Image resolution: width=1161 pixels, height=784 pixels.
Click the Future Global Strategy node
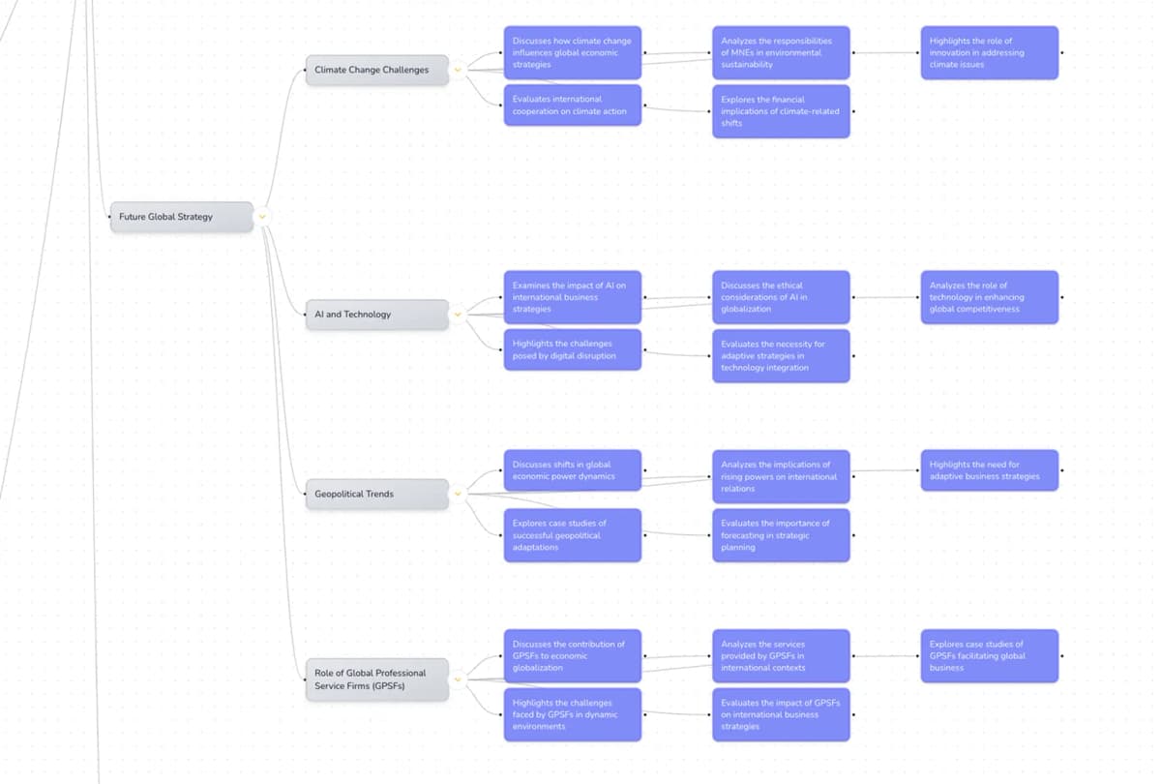coord(181,217)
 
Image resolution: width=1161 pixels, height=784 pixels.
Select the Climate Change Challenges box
coord(377,70)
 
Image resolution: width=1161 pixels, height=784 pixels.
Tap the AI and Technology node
coord(377,315)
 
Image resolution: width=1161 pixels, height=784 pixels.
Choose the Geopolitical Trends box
coord(377,494)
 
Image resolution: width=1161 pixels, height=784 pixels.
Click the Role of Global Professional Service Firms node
coord(377,679)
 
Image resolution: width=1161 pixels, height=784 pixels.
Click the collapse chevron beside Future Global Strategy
coord(262,217)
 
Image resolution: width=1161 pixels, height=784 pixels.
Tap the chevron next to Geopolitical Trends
coord(459,494)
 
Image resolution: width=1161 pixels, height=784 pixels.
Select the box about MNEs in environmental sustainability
coord(781,53)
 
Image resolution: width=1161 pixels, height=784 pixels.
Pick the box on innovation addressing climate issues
coord(989,53)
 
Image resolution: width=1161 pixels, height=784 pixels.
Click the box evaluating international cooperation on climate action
coord(572,106)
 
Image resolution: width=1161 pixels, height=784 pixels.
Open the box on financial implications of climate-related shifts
coord(781,111)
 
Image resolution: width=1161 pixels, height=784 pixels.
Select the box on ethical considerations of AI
coord(781,297)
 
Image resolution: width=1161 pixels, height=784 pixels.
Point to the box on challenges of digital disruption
coord(572,349)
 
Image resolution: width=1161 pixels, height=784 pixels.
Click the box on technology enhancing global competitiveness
coord(989,297)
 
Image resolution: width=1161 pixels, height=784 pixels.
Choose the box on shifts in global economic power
coord(572,470)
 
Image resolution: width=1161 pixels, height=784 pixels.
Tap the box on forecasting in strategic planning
coord(781,535)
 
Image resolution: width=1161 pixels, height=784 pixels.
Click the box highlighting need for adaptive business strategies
coord(989,470)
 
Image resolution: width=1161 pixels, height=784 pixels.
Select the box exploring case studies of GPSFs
coord(989,656)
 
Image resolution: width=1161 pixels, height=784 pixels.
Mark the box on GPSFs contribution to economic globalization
coord(572,656)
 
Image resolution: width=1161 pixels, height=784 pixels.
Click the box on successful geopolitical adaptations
coord(572,535)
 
